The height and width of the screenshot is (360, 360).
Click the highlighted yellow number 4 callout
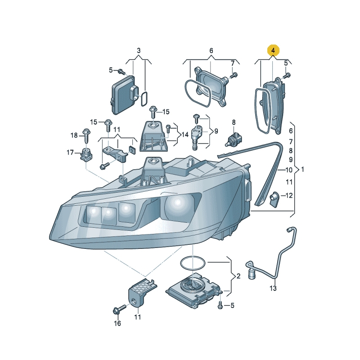point(273,50)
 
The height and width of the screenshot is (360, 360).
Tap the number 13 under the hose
point(273,288)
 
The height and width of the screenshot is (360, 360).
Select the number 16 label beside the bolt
point(117,323)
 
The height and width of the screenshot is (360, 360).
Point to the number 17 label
point(70,152)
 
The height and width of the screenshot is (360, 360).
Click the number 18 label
point(74,135)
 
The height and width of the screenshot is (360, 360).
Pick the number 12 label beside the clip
point(289,195)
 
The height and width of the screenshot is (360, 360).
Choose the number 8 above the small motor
point(234,122)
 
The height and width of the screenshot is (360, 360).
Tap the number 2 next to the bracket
point(238,276)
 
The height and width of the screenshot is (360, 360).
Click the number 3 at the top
point(139,50)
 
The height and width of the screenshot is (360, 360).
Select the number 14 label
point(185,134)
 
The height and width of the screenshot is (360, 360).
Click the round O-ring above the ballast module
point(193,264)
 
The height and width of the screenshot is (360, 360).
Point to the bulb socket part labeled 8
point(234,139)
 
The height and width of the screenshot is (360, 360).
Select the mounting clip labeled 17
point(86,155)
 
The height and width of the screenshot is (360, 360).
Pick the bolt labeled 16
point(120,309)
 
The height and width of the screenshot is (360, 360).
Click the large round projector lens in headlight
point(177,203)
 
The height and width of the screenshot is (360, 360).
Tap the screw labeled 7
point(234,75)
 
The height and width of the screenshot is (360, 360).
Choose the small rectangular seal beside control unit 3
point(144,99)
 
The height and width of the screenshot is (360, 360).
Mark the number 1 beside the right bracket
point(302,170)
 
